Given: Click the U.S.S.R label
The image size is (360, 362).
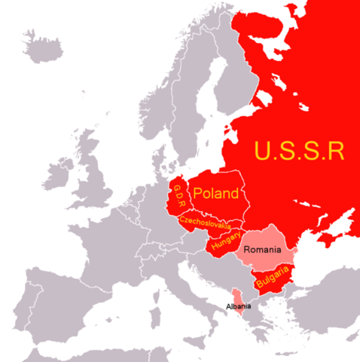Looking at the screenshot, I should coord(299,150).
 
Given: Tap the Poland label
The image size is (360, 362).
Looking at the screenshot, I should coord(216,194).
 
